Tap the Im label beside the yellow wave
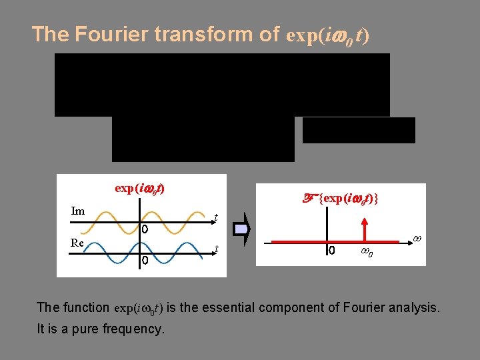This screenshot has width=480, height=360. pos(78,211)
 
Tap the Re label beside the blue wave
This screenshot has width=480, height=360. pos(78,243)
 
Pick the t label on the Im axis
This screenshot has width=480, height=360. pos(215,217)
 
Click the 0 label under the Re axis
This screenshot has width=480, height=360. pos(144,261)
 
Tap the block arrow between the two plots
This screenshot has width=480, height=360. pos(242,229)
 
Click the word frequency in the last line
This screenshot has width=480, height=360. pos(131,329)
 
